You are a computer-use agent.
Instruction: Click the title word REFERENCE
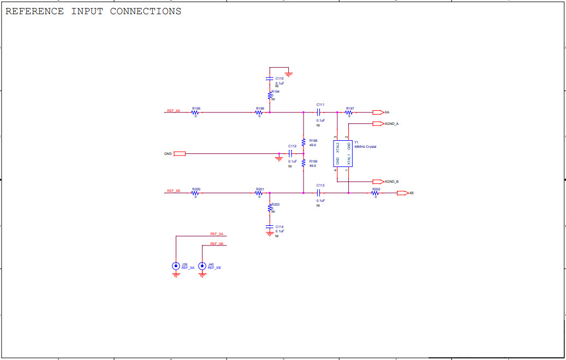coord(34,11)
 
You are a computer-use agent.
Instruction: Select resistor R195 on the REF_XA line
coord(195,112)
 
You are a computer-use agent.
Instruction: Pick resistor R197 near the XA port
coord(349,112)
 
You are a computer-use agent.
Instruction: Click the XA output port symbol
coord(378,112)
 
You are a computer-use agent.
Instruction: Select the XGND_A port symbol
coord(378,124)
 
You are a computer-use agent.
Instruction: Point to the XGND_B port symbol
coord(378,182)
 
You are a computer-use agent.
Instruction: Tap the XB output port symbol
coord(402,193)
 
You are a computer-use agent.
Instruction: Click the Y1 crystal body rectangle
coord(343,153)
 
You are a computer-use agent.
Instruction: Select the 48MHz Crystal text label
coord(365,147)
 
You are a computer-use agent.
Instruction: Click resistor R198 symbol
coord(303,142)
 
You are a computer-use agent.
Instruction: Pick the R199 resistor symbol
coord(303,163)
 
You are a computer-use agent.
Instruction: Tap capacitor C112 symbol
coord(291,154)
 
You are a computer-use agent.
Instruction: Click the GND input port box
coord(180,154)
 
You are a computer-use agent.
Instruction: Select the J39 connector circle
coord(176,266)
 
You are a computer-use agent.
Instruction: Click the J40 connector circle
coord(202,266)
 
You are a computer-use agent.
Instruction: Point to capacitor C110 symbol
coord(269,79)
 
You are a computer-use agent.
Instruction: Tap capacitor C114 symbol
coord(269,226)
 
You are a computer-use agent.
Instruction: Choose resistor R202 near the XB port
coord(376,193)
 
